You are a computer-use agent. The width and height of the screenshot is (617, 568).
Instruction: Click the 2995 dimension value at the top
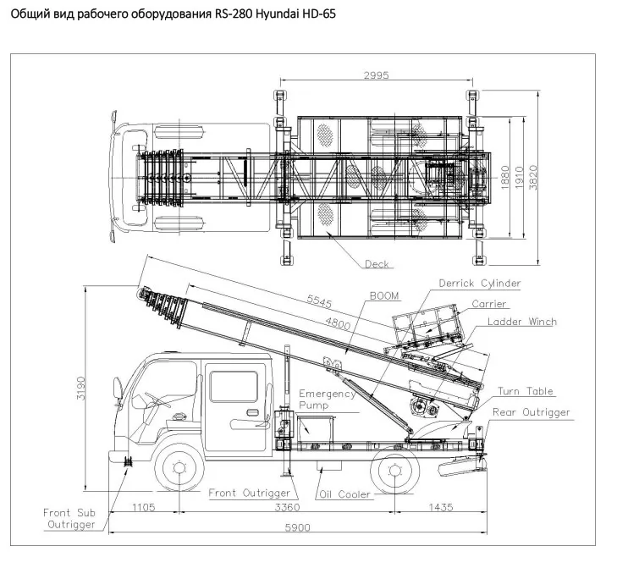[x=376, y=74]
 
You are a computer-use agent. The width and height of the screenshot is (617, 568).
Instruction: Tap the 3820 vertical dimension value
[x=533, y=178]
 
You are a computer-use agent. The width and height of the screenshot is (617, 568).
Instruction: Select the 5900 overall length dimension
[x=297, y=527]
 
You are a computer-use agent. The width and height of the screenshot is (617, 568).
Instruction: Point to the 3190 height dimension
[x=80, y=388]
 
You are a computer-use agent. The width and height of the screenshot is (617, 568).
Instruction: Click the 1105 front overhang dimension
[x=144, y=507]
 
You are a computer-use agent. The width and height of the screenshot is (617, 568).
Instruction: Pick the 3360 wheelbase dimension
[x=287, y=507]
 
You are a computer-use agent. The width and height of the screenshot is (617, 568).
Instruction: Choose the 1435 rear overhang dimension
[x=441, y=507]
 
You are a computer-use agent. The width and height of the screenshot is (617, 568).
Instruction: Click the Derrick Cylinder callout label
[x=480, y=284]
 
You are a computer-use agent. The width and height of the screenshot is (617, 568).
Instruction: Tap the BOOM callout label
[x=384, y=295]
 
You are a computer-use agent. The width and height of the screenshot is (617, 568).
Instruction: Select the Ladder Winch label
[x=522, y=322]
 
